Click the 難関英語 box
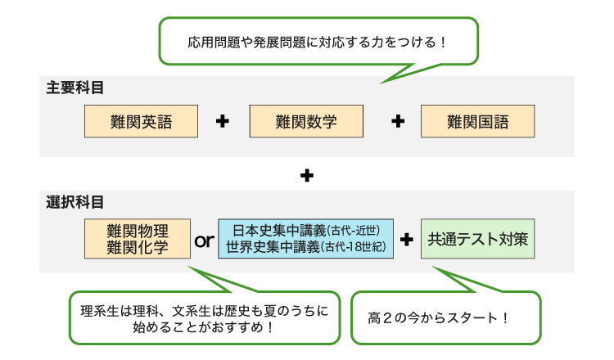point(141,122)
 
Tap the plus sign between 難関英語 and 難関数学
point(222,122)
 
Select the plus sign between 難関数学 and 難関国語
point(398,122)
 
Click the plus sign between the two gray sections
point(307,174)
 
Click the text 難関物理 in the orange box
point(138,231)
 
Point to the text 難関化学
point(138,247)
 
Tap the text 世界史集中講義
point(273,246)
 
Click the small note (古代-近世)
point(349,231)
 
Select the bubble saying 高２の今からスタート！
point(442,317)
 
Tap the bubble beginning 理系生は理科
point(204,318)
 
